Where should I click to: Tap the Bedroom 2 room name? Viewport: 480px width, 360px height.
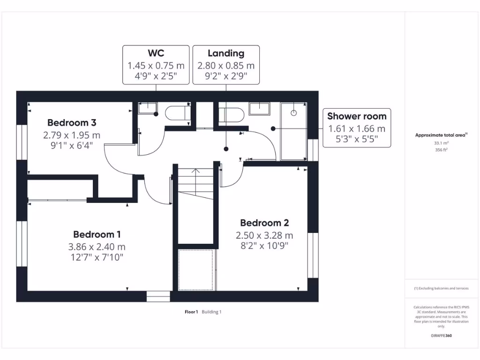(264, 223)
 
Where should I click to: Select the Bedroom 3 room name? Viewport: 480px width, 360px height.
(72, 123)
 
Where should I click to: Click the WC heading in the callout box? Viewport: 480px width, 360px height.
(156, 53)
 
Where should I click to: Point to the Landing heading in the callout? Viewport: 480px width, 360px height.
(226, 53)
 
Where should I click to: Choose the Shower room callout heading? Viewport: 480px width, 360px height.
(357, 116)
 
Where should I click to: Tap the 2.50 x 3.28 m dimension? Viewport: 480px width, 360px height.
(264, 235)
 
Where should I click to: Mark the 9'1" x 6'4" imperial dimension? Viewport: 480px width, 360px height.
(72, 145)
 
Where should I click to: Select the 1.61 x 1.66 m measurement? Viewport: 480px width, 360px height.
(357, 128)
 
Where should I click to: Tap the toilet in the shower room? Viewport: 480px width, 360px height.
(231, 114)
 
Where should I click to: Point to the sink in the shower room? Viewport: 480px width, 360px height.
(259, 108)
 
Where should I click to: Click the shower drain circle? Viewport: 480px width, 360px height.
(294, 113)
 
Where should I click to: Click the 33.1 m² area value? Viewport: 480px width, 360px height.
(440, 143)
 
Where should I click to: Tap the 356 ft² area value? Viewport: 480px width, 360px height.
(440, 150)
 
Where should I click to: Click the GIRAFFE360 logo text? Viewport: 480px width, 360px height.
(441, 336)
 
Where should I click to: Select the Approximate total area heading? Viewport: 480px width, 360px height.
(440, 135)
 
